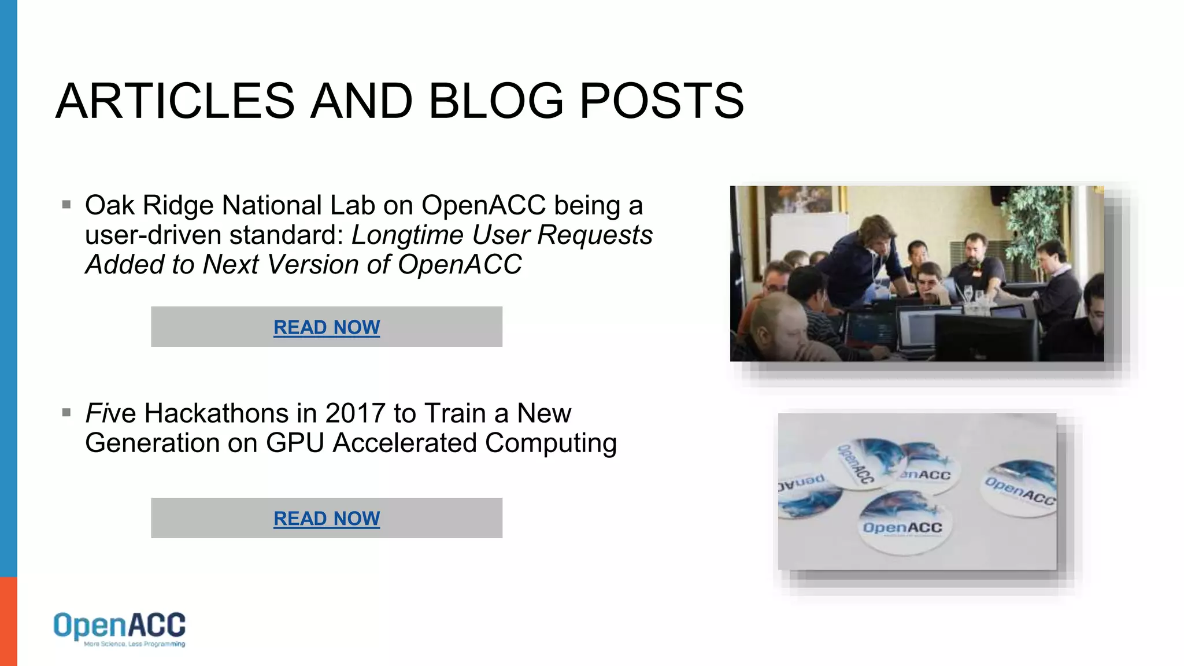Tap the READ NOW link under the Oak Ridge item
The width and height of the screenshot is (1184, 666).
pos(327,327)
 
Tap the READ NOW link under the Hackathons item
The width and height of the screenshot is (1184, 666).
pos(327,519)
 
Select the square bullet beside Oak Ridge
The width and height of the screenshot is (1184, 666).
pos(66,205)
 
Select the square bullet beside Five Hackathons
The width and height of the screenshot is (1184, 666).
pos(66,413)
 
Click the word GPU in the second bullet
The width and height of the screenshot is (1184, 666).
pos(294,443)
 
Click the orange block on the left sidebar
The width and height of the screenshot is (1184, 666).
pos(8,621)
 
